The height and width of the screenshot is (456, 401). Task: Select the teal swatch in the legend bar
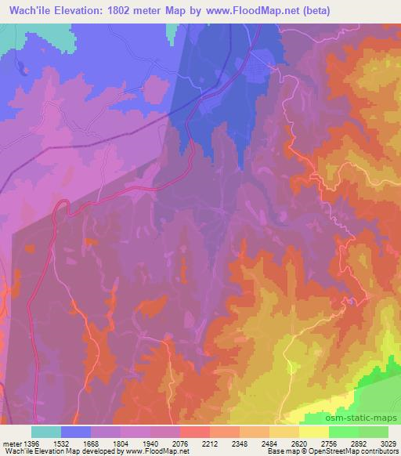pos(46,432)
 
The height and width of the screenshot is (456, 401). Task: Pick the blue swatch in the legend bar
pos(76,432)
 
